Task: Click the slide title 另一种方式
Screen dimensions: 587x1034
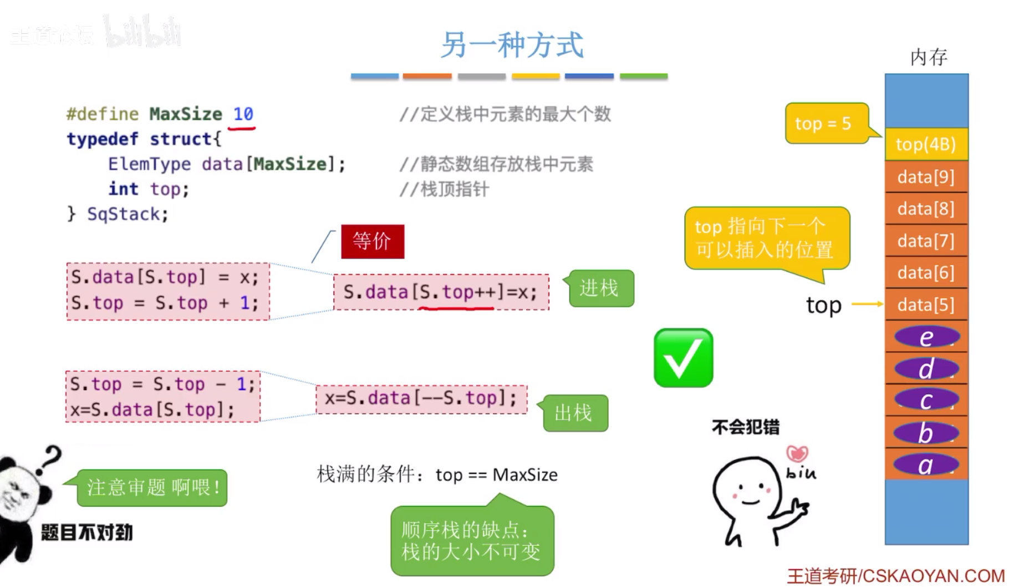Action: pos(512,45)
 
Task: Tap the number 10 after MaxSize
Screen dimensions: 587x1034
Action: pos(243,114)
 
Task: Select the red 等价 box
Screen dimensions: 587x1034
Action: pos(373,241)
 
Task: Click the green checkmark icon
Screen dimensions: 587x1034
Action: pos(683,358)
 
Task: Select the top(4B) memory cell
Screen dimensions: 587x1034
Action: pos(926,144)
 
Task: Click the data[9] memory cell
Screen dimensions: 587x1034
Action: pos(926,177)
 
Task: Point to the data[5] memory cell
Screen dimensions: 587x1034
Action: pos(926,305)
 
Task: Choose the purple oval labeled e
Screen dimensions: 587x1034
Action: pos(926,337)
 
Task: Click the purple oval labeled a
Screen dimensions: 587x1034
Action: pos(926,465)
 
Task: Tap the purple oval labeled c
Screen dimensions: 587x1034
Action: pos(926,401)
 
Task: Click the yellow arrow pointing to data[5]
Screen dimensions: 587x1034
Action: pos(867,304)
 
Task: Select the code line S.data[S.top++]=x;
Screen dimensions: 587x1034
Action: pos(441,292)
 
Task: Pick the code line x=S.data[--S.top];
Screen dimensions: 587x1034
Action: pos(421,398)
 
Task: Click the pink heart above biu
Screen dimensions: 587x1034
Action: pos(797,454)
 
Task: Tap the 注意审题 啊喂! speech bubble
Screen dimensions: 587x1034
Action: pos(152,488)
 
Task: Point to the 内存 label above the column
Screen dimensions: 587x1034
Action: pos(929,57)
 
